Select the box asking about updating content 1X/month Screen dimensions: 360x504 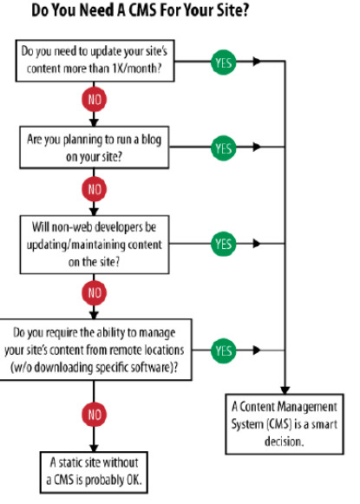click(x=95, y=61)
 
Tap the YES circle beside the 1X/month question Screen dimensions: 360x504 click(x=224, y=62)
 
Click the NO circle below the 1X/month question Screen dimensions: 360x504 click(x=94, y=99)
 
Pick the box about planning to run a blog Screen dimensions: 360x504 click(x=95, y=147)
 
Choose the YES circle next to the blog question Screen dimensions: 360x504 click(x=224, y=148)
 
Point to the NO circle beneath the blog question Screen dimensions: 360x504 click(x=94, y=189)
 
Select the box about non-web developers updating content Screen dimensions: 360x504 click(x=95, y=245)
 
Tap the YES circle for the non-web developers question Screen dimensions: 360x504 click(x=224, y=244)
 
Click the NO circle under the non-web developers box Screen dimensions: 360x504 click(x=94, y=293)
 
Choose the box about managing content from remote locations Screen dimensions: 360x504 click(x=95, y=350)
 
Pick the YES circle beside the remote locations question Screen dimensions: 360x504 click(x=224, y=350)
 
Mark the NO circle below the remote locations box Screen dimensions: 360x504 click(x=94, y=415)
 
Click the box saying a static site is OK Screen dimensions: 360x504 click(x=94, y=472)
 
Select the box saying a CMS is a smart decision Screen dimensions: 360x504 click(x=285, y=424)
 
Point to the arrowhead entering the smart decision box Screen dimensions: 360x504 click(x=285, y=389)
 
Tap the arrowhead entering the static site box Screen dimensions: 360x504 click(x=94, y=448)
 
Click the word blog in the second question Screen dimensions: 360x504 click(x=152, y=141)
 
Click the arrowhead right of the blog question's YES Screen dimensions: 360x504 click(x=257, y=147)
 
